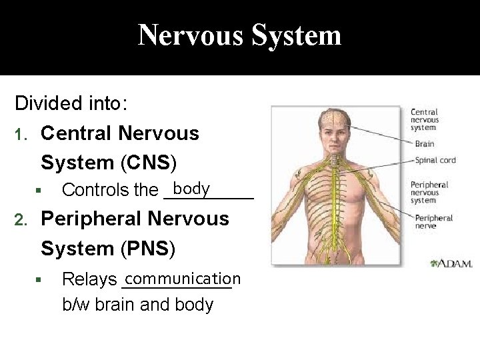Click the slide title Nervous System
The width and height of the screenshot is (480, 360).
[239, 35]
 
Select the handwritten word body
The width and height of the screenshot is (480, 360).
[192, 189]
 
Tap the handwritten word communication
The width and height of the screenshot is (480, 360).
[181, 278]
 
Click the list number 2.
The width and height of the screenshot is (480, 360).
[21, 219]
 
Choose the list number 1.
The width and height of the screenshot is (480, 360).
[21, 134]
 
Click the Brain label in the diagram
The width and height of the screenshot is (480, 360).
[424, 143]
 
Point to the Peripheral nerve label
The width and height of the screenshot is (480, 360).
[433, 221]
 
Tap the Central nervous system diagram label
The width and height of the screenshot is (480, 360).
[425, 119]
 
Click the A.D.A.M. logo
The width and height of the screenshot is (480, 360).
[452, 264]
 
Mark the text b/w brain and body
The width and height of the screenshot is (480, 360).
[137, 305]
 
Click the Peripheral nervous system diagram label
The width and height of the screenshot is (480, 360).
[429, 192]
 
